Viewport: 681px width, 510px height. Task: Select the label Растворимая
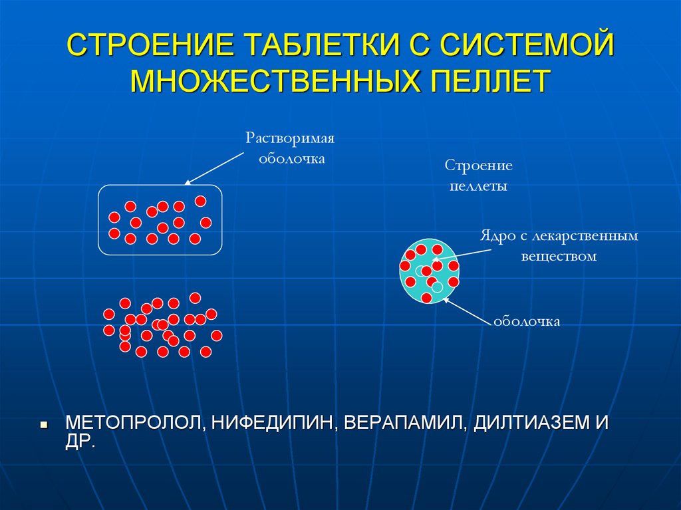[289, 139]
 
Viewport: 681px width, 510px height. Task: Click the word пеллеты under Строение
[478, 186]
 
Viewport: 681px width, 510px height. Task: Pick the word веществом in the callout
[559, 255]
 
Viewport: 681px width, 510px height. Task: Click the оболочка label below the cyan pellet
[527, 321]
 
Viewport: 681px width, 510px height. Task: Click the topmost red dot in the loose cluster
[195, 297]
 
